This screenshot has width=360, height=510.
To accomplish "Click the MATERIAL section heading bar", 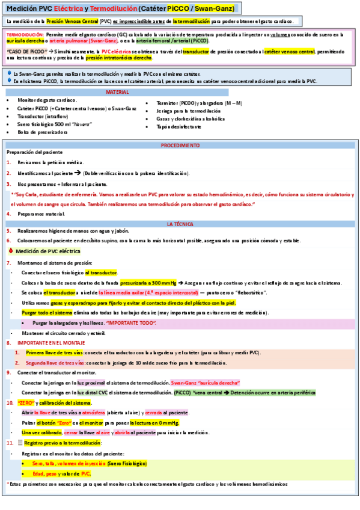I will pos(118,93).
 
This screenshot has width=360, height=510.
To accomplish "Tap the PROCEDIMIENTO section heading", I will pos(180,146).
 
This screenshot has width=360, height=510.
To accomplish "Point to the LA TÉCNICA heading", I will pos(180,224).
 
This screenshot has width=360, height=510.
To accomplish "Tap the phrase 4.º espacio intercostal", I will pos(172,292).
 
